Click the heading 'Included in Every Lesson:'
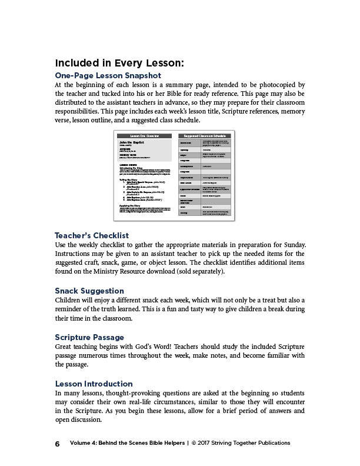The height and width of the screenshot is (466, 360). coord(119,63)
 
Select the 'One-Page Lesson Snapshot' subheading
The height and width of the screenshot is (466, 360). coord(108,76)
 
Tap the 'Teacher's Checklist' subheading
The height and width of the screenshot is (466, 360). coord(91,236)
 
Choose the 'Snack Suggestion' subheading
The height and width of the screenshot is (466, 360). coord(89,291)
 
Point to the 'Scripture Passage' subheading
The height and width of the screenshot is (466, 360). coord(89,337)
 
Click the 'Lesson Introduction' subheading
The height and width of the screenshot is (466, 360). coord(94,384)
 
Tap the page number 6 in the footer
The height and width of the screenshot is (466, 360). coord(58,444)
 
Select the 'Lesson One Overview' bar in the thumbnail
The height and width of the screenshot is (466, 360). coord(144,136)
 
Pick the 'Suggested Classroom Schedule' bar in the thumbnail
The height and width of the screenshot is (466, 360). coord(204,136)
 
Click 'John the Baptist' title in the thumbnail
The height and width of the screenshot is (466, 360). coord(131,143)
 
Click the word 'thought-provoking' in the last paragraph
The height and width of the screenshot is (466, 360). coord(132,392)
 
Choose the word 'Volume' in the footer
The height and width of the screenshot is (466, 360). coord(81,443)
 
